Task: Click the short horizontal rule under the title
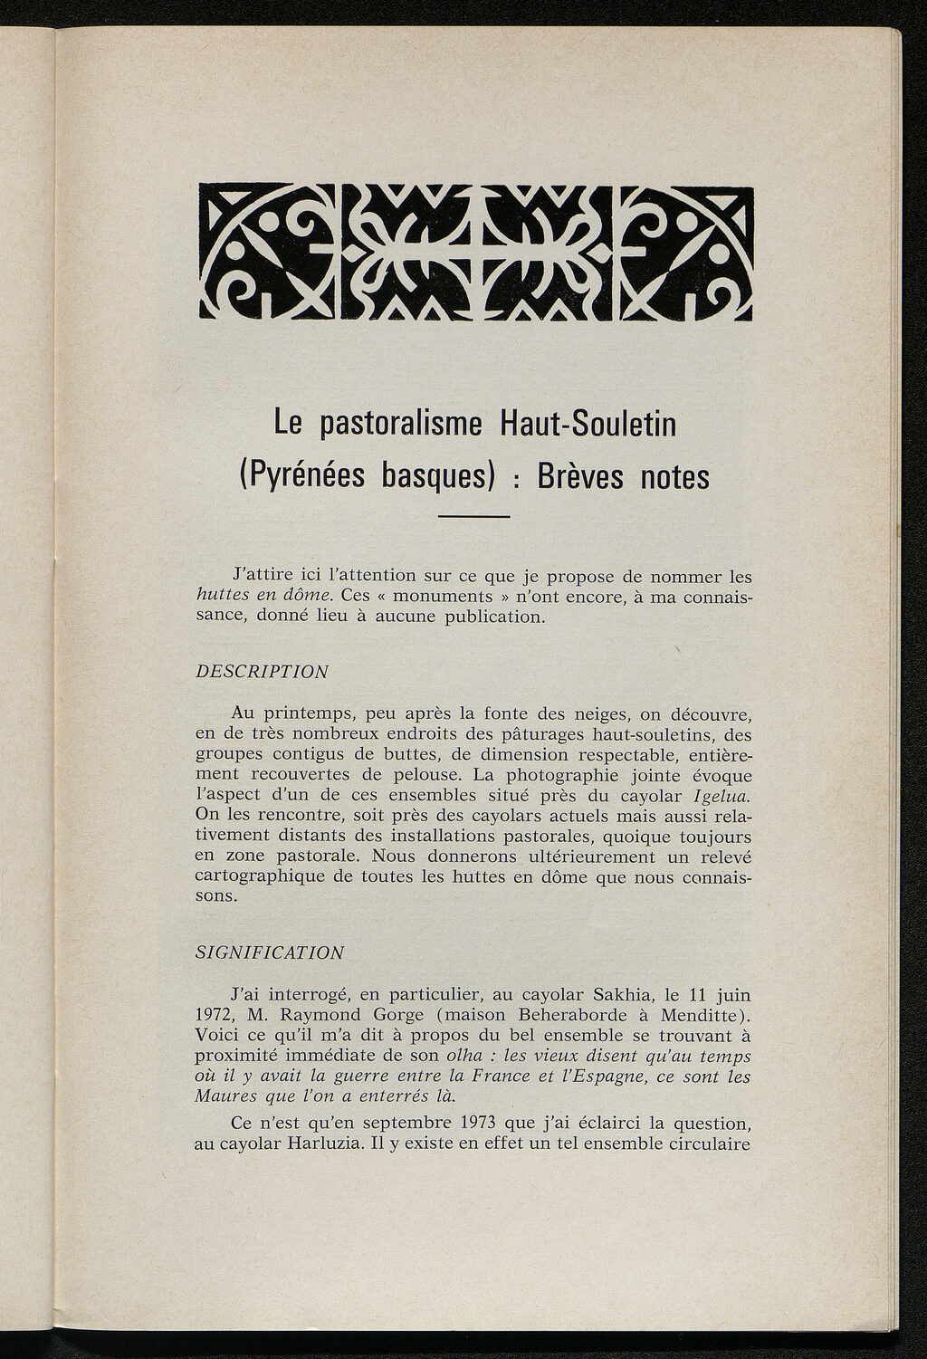pos(475,516)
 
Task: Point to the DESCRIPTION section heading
pos(262,672)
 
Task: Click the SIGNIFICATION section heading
pos(270,952)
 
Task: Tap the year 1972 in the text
pos(214,1014)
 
